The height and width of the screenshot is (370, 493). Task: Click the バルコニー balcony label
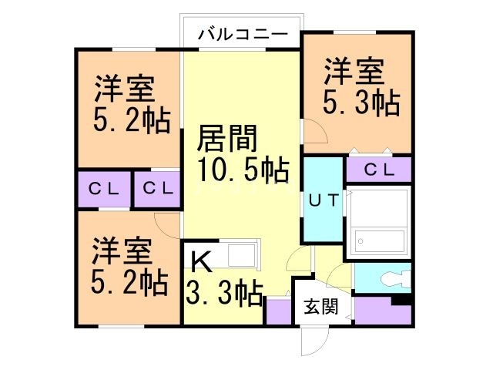coord(242,34)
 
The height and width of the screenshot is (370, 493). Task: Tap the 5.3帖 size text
coord(361,102)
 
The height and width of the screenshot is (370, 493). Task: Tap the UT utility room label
coord(324,200)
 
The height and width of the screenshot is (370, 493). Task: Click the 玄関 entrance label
coord(320,306)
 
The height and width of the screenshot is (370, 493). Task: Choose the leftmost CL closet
coord(102,188)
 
